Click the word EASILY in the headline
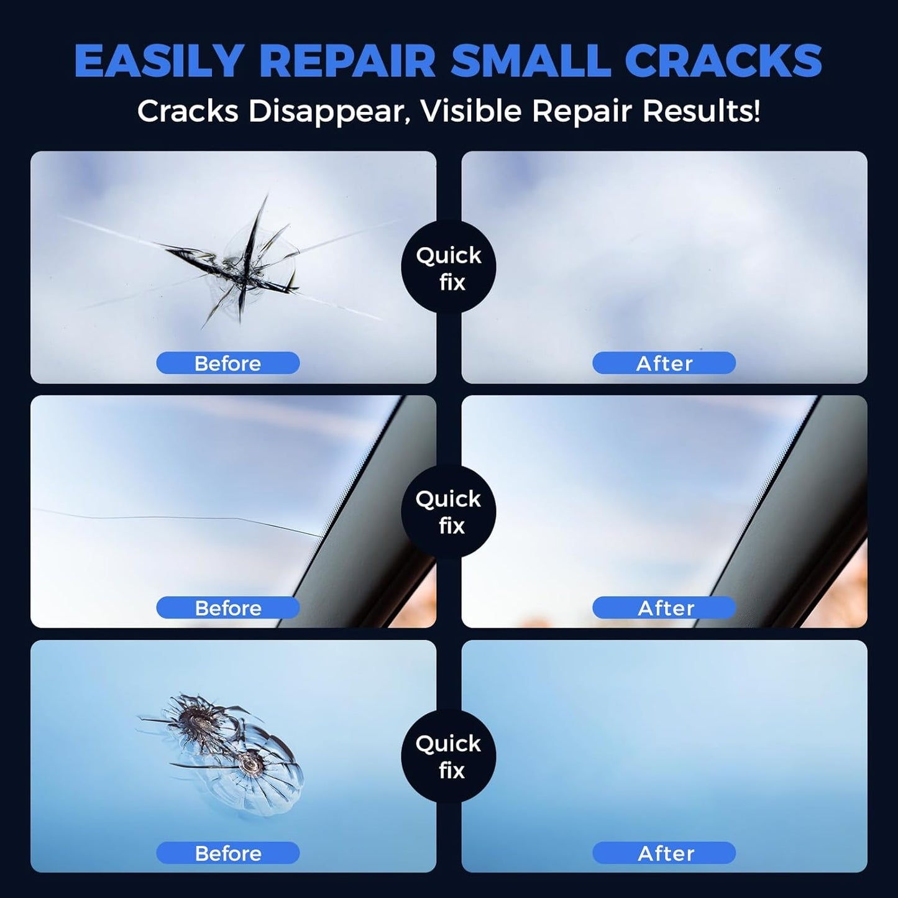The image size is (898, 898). coord(158,61)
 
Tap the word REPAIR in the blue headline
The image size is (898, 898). coord(347,61)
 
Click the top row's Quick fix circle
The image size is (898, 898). coord(449,268)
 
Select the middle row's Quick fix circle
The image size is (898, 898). coord(449,512)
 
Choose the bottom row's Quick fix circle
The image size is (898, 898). coord(449,756)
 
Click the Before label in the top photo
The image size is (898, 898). coord(227,363)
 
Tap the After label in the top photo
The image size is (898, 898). coord(664,363)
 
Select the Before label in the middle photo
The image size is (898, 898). coord(227,607)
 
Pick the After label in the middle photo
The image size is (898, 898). coord(664,607)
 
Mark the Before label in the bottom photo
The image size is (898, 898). coord(227,853)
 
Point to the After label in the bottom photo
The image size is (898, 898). coord(664,853)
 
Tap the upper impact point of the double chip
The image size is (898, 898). coord(198,721)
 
